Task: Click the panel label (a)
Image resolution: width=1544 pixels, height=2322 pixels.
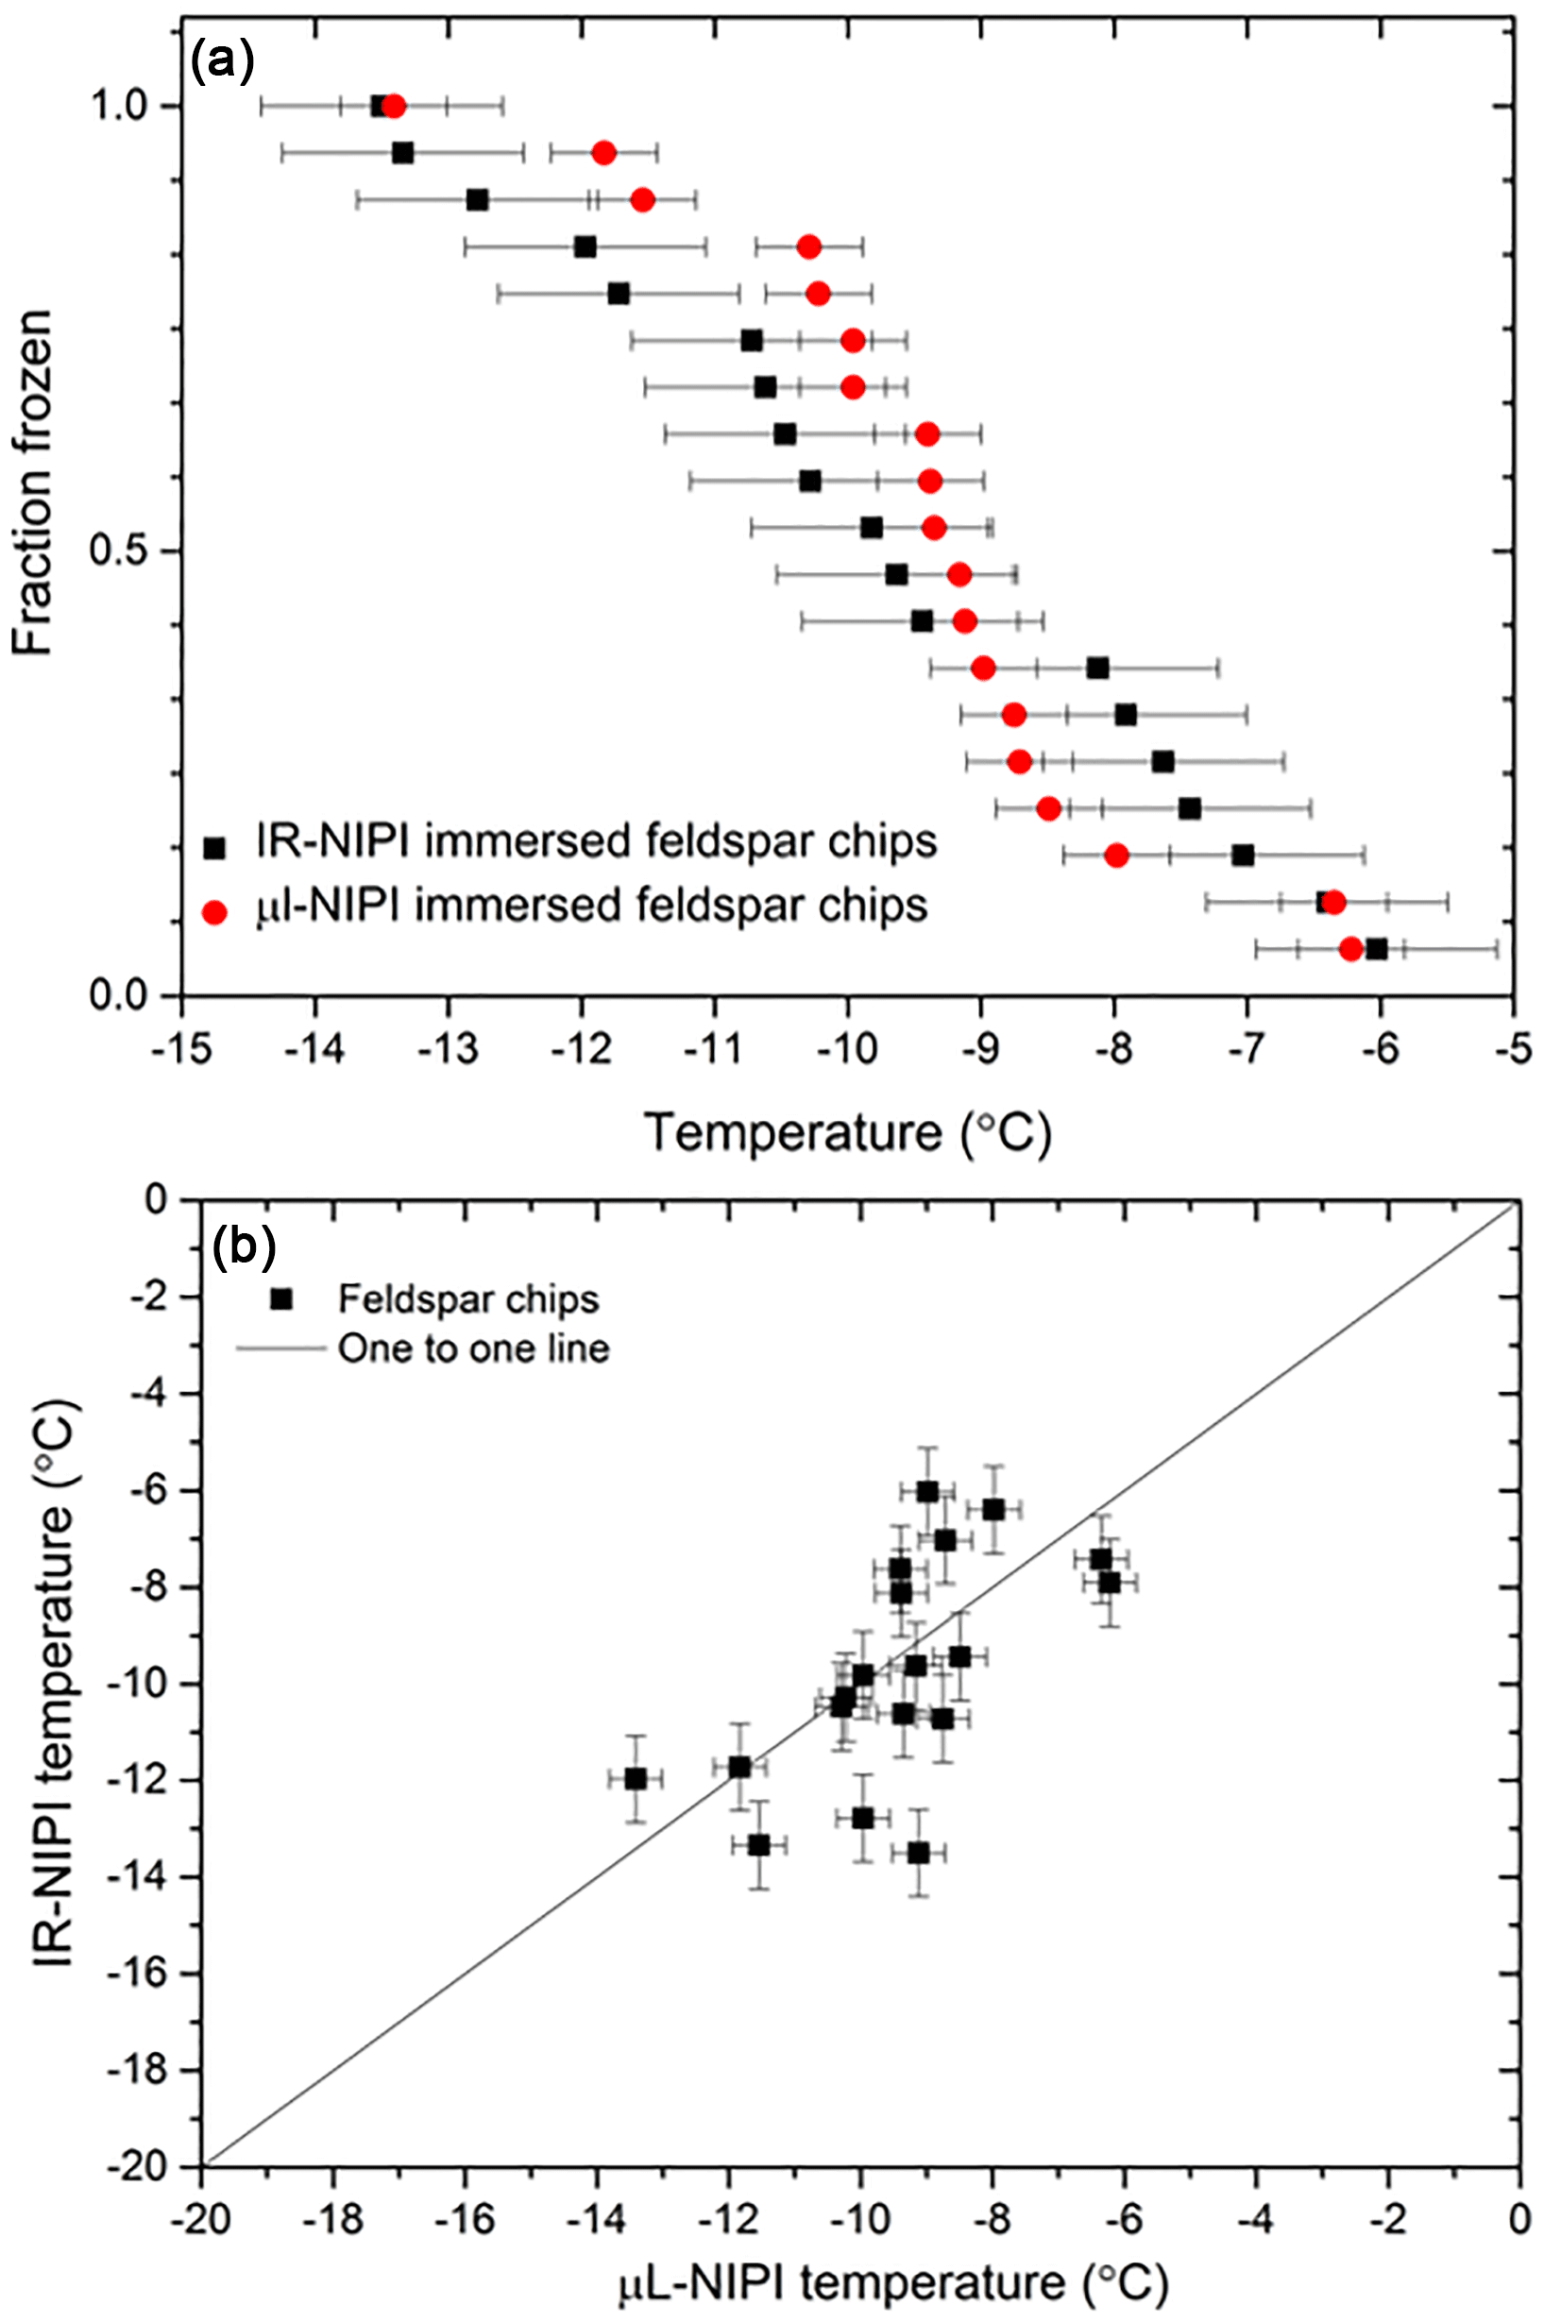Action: click(224, 60)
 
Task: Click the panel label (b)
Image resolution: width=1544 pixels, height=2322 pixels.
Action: click(244, 1246)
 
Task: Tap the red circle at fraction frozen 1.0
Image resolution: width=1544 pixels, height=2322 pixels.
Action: click(394, 107)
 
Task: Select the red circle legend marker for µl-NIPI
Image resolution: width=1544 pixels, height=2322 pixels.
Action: click(213, 913)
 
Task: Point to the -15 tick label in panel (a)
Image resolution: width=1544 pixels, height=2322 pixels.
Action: click(181, 1050)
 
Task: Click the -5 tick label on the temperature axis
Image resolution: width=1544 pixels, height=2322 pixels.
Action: click(1511, 1050)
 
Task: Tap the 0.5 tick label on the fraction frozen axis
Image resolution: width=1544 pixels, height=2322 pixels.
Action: click(120, 551)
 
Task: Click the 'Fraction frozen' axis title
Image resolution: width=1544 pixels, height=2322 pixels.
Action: click(33, 483)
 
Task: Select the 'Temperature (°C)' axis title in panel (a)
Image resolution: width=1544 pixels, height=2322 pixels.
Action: click(847, 1133)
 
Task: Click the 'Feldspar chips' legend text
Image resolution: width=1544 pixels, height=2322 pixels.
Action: click(467, 1300)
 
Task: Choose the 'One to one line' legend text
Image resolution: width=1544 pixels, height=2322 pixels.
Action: click(474, 1348)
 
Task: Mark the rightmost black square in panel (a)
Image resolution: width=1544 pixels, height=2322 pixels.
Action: click(1377, 949)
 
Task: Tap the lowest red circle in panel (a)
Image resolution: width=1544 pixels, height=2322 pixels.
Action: click(1351, 949)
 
